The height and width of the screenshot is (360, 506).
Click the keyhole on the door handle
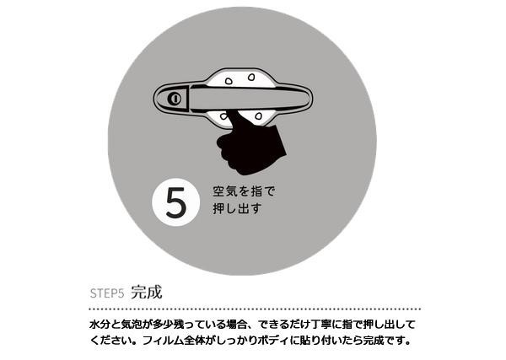pos(175,99)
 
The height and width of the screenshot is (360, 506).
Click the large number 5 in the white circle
pos(176,202)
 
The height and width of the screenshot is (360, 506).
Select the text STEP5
pos(107,293)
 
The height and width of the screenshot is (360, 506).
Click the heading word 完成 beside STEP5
pos(147,293)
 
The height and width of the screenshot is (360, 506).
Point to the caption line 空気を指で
pos(244,191)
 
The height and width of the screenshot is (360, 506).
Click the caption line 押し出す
pos(237,209)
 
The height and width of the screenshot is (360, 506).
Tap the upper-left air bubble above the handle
pos(229,81)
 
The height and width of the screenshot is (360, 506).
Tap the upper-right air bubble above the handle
pos(251,77)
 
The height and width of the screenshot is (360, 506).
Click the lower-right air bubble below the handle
pos(258,116)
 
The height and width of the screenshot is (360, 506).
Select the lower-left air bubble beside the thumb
pos(224,116)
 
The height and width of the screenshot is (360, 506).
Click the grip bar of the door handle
pos(249,99)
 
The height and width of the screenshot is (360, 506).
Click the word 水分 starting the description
pos(97,325)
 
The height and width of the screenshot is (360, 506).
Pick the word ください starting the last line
pos(112,341)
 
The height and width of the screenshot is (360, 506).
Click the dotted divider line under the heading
pos(255,309)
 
